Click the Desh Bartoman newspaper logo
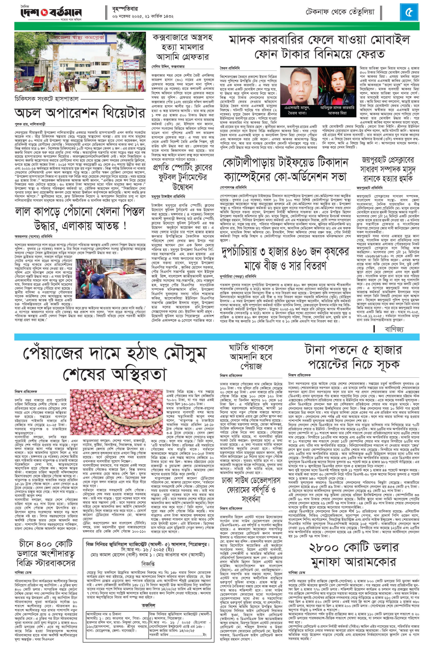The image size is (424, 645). pyautogui.click(x=51, y=12)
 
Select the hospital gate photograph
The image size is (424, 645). pyautogui.click(x=80, y=62)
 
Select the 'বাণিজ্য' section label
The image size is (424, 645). pyautogui.click(x=394, y=329)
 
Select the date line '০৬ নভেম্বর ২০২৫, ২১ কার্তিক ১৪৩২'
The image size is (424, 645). pyautogui.click(x=143, y=16)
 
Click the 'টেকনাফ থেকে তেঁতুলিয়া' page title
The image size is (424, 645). pyautogui.click(x=340, y=12)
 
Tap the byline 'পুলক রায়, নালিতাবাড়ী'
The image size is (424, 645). pyautogui.click(x=30, y=124)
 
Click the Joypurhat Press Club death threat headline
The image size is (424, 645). pyautogui.click(x=388, y=169)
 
